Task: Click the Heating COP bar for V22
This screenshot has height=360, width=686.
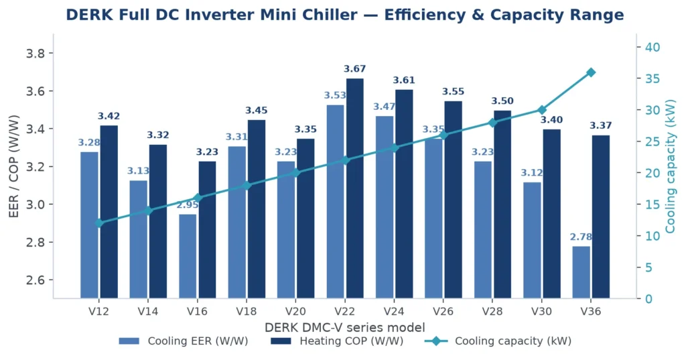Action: (355, 188)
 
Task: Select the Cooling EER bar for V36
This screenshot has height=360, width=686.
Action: (581, 272)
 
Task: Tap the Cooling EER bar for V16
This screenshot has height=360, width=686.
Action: (188, 256)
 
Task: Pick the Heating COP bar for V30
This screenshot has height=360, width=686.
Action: (552, 214)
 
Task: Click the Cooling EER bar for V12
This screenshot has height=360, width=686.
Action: (89, 225)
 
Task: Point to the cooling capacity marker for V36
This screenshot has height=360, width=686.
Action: (591, 72)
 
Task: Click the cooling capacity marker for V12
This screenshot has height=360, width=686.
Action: (99, 223)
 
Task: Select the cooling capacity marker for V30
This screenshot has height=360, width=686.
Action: (542, 110)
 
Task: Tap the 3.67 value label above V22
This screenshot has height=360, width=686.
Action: (355, 69)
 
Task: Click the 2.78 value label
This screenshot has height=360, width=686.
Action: (581, 237)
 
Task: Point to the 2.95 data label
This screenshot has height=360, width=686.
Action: (188, 205)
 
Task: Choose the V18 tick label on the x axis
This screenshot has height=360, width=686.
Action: (247, 311)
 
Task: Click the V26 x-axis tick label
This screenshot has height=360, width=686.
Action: (443, 311)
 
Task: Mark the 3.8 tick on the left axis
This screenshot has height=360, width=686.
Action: (37, 54)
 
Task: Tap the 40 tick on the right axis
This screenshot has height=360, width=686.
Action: (653, 48)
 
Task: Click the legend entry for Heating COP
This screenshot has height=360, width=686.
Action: (337, 341)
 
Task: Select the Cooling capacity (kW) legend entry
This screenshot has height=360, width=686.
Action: (498, 341)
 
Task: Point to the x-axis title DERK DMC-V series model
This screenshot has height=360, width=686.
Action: (345, 327)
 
